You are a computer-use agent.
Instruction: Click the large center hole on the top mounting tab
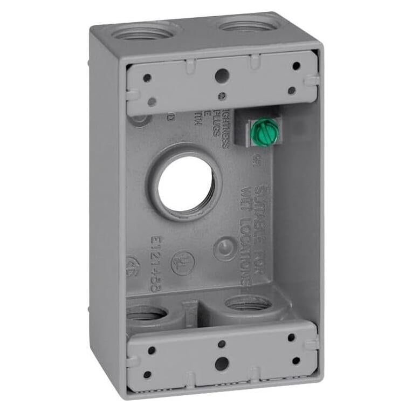pyautogui.click(x=220, y=76)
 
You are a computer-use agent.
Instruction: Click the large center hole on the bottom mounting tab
pyautogui.click(x=220, y=363)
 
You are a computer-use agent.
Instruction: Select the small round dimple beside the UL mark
pyautogui.click(x=224, y=249)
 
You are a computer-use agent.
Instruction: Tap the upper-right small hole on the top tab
pyautogui.click(x=296, y=66)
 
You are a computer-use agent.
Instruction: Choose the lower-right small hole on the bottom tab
pyautogui.click(x=296, y=360)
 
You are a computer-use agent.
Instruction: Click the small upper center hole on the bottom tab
pyautogui.click(x=221, y=343)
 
